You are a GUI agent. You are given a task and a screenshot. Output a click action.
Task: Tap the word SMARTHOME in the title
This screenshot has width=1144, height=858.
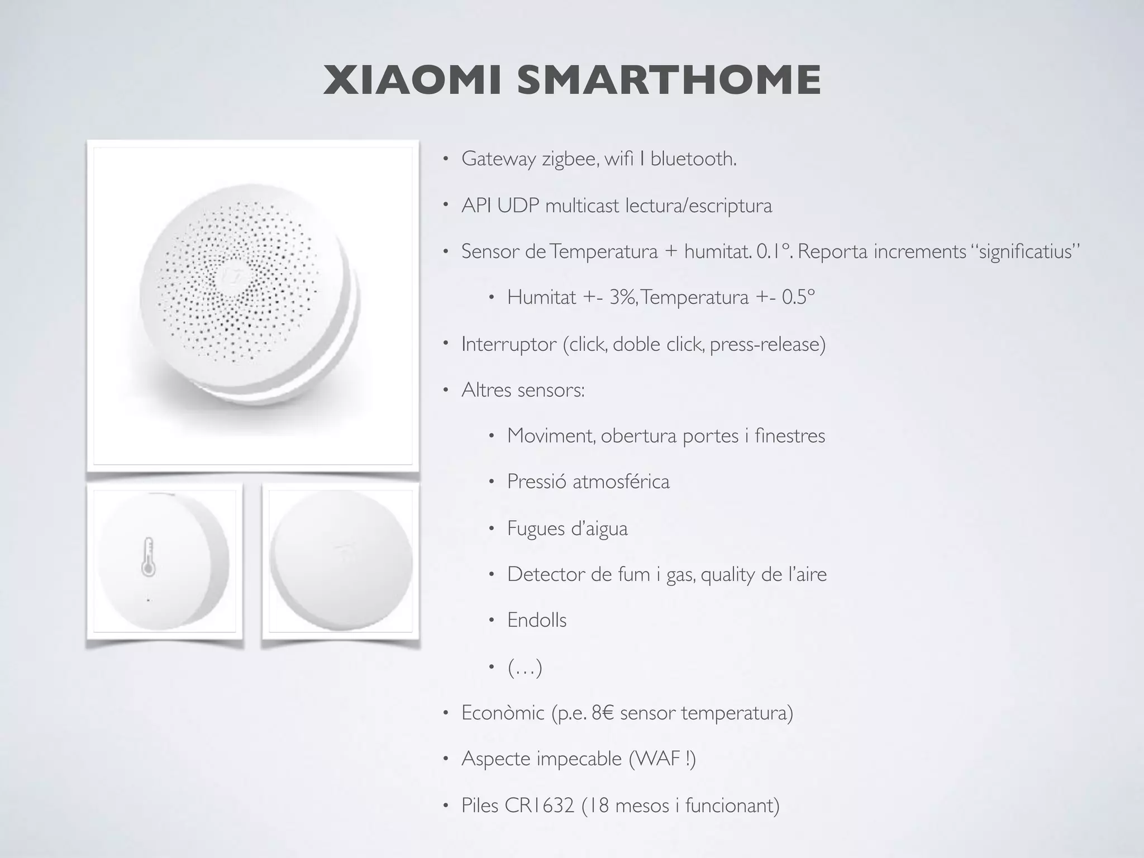coord(669,80)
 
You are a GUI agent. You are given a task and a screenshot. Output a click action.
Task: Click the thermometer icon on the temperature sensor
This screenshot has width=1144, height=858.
coord(148,557)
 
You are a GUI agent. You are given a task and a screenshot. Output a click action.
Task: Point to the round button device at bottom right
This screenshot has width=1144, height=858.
coord(341,561)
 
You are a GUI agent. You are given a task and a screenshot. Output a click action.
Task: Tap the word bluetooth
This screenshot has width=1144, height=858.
coord(693,159)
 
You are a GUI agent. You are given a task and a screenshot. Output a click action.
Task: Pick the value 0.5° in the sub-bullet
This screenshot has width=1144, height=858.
coord(798,297)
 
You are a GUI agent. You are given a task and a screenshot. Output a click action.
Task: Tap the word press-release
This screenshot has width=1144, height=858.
coord(768,345)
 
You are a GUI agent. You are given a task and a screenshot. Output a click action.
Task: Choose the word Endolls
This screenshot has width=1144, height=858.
coord(537,620)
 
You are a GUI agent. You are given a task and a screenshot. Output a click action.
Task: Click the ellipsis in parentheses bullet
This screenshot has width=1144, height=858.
coord(525,668)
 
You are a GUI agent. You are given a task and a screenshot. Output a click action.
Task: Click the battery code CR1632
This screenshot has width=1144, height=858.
coord(539,805)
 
